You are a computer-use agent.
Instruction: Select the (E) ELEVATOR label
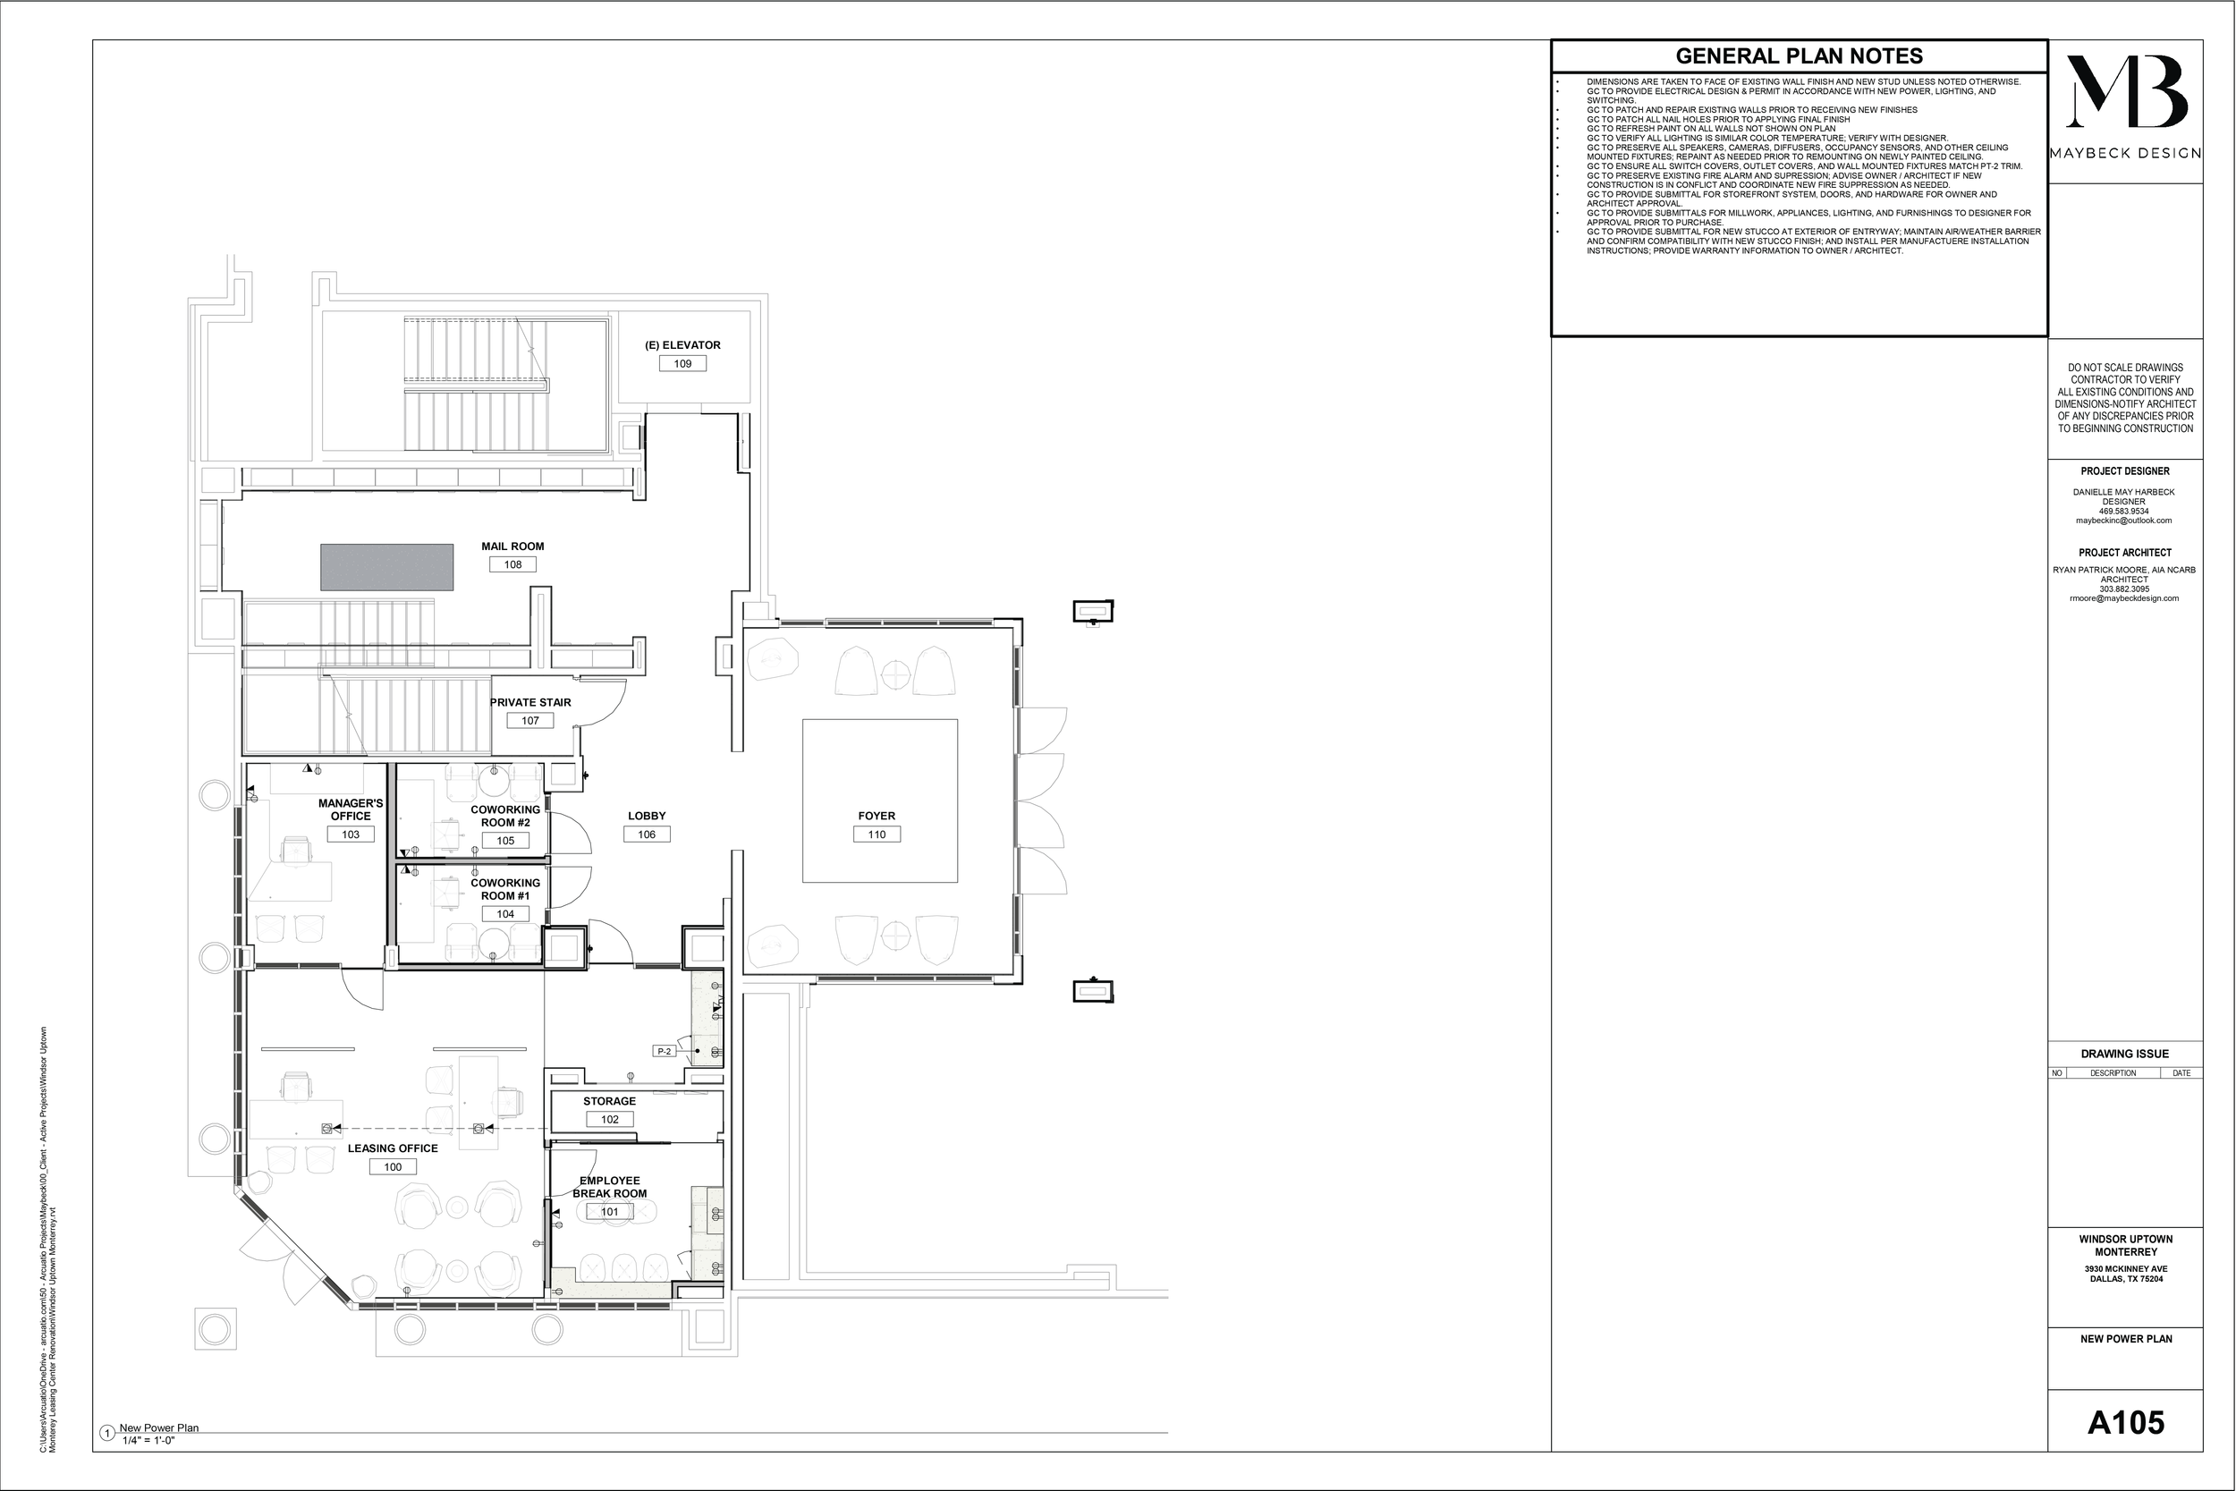coord(682,345)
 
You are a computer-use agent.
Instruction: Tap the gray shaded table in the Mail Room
coord(386,567)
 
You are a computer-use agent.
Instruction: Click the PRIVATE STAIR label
coord(530,703)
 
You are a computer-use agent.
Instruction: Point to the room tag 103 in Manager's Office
coord(350,834)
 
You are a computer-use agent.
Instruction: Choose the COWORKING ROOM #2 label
coord(504,816)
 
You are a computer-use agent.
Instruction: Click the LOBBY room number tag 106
coord(647,834)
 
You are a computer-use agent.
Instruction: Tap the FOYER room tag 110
coord(877,834)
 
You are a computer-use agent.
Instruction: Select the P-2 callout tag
coord(665,1052)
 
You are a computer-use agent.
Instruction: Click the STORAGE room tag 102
coord(609,1120)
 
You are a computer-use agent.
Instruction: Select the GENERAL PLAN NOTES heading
coord(1799,56)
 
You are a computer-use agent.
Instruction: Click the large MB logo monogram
coord(2126,92)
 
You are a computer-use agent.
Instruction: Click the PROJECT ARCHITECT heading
coord(2125,553)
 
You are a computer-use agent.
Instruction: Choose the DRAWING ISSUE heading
coord(2125,1055)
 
